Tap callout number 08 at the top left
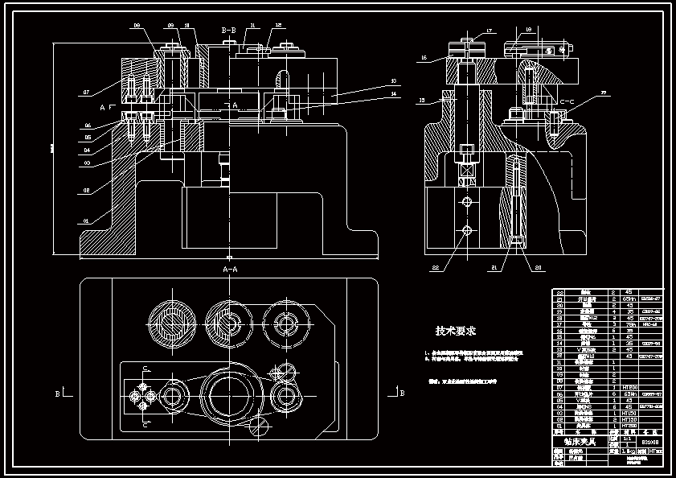click(137, 26)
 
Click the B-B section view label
click(228, 31)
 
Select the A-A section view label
click(230, 269)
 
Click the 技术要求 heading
click(456, 331)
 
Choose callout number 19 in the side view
click(528, 30)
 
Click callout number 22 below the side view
click(436, 266)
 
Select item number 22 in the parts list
click(560, 292)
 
